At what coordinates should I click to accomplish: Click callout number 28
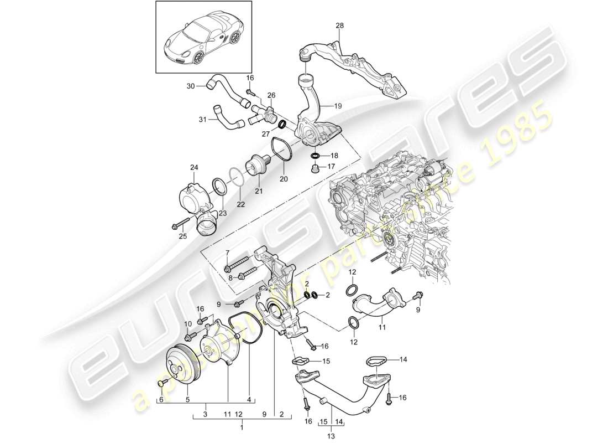(x=339, y=25)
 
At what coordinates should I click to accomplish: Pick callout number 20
(x=283, y=178)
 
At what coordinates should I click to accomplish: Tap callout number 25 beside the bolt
(x=182, y=236)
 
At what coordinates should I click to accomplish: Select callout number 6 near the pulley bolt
(x=161, y=399)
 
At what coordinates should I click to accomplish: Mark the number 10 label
(x=187, y=323)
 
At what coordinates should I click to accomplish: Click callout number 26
(x=271, y=95)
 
